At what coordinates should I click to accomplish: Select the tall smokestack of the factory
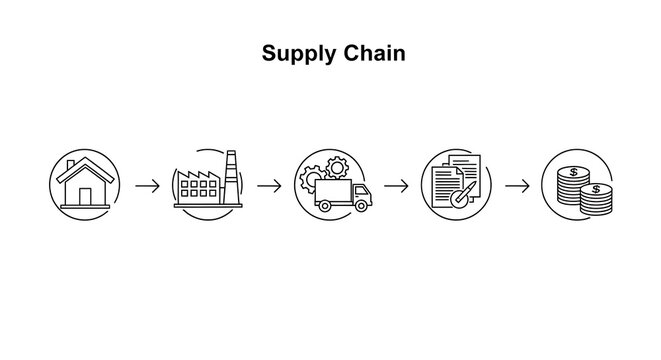click(231, 178)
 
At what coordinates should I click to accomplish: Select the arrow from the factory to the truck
click(268, 186)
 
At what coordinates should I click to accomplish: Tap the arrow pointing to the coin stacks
click(517, 186)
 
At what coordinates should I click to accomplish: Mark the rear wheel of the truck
click(325, 205)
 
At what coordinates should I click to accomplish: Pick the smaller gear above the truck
click(337, 166)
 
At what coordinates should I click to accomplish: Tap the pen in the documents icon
click(461, 194)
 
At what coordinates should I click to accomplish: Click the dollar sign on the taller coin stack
click(572, 171)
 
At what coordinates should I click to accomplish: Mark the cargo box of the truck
click(333, 190)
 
